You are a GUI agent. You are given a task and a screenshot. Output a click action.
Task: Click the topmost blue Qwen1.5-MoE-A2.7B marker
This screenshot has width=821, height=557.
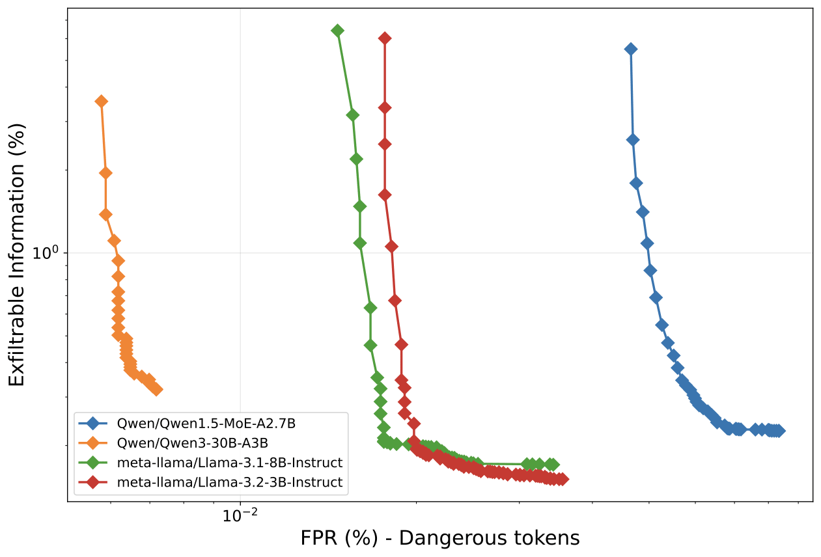click(630, 49)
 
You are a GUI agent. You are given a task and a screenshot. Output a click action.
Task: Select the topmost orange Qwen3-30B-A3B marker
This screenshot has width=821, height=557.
click(101, 102)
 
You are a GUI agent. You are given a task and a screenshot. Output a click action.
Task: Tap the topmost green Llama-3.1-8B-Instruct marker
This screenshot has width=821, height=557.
click(337, 31)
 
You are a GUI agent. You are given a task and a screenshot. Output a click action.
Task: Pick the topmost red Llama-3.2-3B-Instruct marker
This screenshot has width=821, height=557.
click(385, 38)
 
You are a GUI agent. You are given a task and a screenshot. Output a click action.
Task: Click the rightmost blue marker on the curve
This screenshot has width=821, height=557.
click(779, 431)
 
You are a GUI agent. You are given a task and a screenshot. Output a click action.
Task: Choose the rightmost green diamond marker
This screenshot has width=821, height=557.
click(553, 465)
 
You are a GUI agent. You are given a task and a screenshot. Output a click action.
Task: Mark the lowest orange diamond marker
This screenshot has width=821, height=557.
click(156, 390)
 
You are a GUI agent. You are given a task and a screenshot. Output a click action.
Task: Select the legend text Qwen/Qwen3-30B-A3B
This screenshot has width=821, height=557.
click(193, 444)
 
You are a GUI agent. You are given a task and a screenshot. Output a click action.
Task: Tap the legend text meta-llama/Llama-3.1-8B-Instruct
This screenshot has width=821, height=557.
click(229, 463)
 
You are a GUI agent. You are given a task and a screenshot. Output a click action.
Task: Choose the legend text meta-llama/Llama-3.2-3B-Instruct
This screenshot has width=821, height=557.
click(229, 483)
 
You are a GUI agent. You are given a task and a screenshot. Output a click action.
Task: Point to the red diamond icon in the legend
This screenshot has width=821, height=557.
click(93, 483)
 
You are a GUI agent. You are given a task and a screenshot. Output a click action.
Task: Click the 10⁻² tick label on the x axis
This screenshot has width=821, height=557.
click(240, 516)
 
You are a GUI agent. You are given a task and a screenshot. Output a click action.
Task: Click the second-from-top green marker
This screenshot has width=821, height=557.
click(352, 115)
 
